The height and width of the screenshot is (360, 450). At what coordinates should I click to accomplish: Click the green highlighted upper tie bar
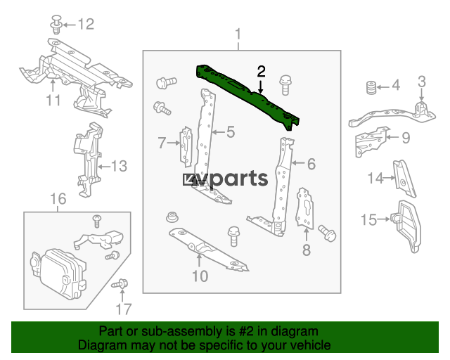247,94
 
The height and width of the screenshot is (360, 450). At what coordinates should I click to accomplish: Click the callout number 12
86,24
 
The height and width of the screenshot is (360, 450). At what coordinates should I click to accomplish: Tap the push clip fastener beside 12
57,25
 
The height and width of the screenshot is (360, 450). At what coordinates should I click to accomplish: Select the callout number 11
53,101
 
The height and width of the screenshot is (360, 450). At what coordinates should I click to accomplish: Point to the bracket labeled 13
88,160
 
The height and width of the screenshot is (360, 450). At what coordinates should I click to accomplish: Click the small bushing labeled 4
371,88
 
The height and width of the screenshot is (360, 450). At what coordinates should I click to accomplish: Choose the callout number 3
421,82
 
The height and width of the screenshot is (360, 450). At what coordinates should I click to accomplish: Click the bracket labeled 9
371,141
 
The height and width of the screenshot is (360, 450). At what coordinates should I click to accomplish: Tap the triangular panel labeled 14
404,179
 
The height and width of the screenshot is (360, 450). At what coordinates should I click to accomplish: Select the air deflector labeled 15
407,226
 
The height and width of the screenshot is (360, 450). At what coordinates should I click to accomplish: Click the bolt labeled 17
120,284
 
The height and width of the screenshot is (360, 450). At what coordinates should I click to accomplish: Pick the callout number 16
58,199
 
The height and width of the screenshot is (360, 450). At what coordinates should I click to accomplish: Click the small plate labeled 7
186,146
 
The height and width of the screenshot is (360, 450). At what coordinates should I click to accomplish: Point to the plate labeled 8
304,208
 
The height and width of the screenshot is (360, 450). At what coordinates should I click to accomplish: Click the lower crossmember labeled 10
209,249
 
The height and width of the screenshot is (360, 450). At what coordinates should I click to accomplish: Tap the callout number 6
311,164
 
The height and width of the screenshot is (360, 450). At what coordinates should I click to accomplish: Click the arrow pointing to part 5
219,132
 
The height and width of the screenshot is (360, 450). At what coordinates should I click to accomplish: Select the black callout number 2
261,71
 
